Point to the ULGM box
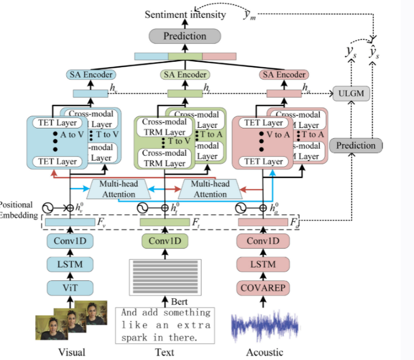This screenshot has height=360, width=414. [351, 93]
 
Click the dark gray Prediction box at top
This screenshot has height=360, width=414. [185, 37]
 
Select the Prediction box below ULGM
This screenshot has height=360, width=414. [355, 145]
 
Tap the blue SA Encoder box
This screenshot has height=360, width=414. [91, 74]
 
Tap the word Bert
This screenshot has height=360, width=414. [179, 301]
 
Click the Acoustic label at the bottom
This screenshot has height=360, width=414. [264, 352]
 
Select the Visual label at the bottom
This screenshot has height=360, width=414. [72, 352]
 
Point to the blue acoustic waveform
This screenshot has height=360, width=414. [264, 326]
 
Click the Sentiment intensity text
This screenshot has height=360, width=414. [185, 14]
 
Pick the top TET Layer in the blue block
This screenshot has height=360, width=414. [56, 123]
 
